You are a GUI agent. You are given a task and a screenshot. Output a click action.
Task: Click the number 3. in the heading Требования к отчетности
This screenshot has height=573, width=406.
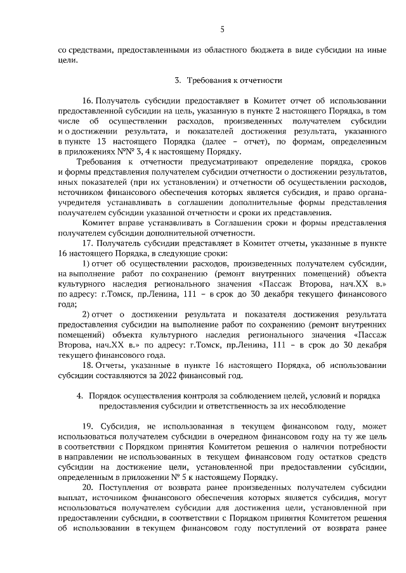pyautogui.click(x=178, y=80)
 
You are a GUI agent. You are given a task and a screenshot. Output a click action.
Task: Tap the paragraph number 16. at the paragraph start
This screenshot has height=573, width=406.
pyautogui.click(x=89, y=101)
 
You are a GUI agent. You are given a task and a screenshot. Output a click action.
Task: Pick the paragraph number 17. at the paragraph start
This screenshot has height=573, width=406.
pyautogui.click(x=88, y=242)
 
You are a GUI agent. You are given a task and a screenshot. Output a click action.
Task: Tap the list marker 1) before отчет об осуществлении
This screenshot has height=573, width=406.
pyautogui.click(x=87, y=263)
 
